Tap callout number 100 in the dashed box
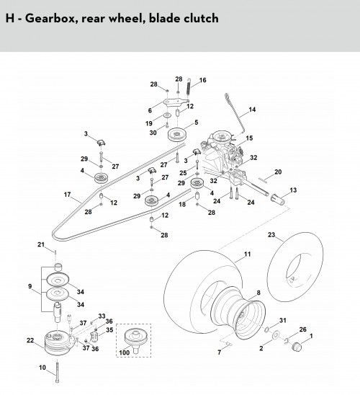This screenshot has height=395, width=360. pyautogui.click(x=125, y=352)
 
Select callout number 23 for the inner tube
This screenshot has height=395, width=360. pyautogui.click(x=271, y=235)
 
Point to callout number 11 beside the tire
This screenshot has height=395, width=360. pyautogui.click(x=247, y=254)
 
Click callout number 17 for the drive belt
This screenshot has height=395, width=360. pyautogui.click(x=67, y=195)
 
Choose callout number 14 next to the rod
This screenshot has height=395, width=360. pyautogui.click(x=252, y=110)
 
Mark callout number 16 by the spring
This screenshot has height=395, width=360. pyautogui.click(x=202, y=80)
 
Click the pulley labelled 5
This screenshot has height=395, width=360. pyautogui.click(x=177, y=135)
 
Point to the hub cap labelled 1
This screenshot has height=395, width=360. pyautogui.click(x=297, y=347)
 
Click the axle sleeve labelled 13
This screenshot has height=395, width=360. pyautogui.click(x=277, y=198)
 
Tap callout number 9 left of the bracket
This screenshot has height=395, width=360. pyautogui.click(x=30, y=286)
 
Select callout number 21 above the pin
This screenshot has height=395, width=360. pyautogui.click(x=41, y=244)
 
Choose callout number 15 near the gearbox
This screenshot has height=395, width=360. pyautogui.click(x=249, y=138)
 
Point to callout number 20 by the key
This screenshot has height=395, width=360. pyautogui.click(x=278, y=172)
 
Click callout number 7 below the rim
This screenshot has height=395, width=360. pyautogui.click(x=220, y=352)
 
